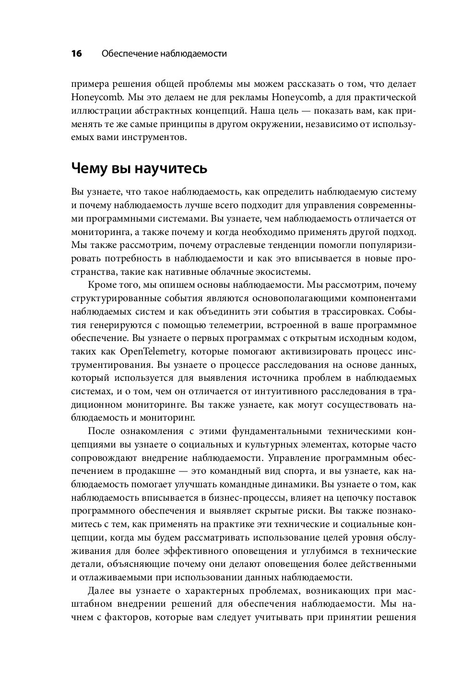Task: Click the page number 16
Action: click(x=77, y=54)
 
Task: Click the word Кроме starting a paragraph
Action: click(x=102, y=284)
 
